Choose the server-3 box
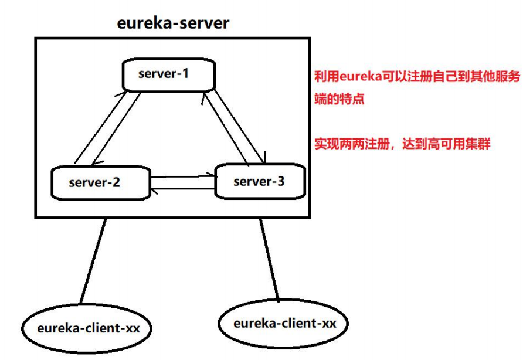tap(260, 181)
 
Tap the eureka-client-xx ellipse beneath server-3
tap(284, 324)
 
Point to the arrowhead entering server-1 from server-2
tap(124, 95)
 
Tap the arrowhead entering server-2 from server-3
tap(154, 189)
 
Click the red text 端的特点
tap(340, 99)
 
